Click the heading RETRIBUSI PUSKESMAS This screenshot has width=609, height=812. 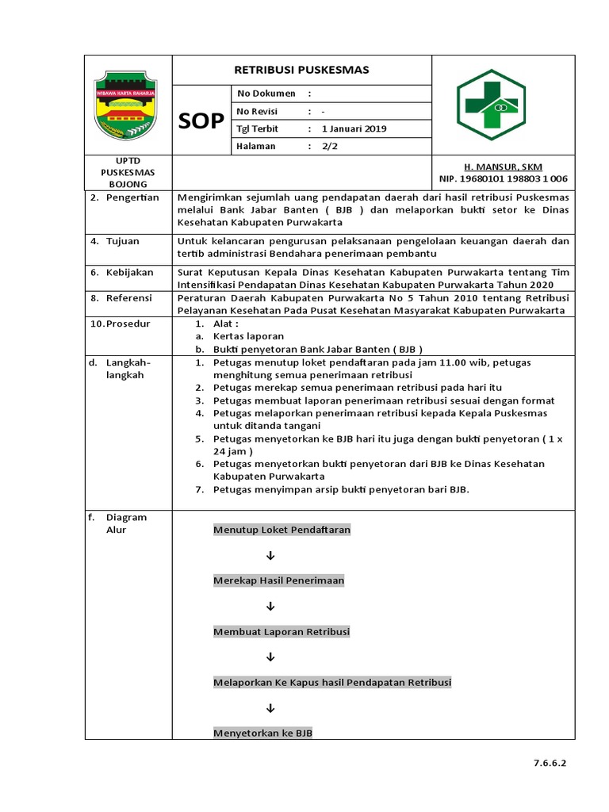click(x=301, y=70)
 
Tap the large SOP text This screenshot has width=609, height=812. click(x=201, y=121)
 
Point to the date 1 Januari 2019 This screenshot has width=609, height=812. click(x=354, y=128)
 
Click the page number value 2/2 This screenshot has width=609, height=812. click(x=330, y=146)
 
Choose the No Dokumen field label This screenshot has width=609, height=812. click(x=266, y=94)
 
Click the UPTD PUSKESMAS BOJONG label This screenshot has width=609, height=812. click(x=128, y=172)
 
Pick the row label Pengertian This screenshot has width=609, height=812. click(x=132, y=197)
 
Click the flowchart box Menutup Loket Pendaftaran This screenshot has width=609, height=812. click(x=282, y=530)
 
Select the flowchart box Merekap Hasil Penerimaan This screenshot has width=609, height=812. click(x=278, y=580)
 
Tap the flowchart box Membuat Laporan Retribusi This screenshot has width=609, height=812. click(x=282, y=632)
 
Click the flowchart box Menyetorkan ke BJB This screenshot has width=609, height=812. click(x=262, y=733)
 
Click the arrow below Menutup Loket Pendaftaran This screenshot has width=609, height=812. click(x=270, y=555)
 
